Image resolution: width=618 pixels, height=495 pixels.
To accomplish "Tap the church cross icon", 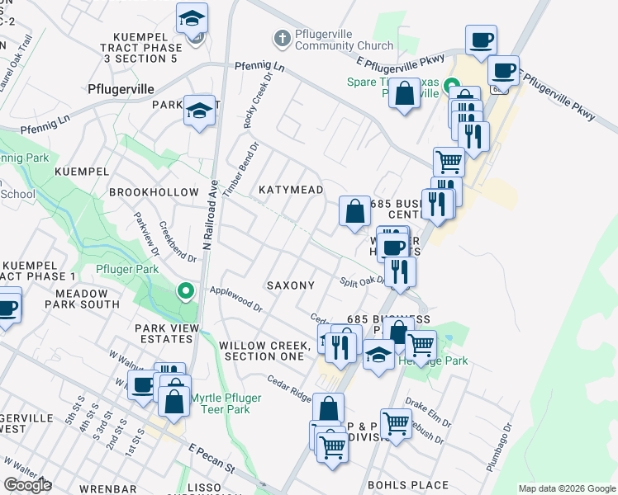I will click(282, 39).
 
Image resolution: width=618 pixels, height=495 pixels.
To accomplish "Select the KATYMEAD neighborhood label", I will click(291, 190).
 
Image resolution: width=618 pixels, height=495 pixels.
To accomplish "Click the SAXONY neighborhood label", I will click(291, 285).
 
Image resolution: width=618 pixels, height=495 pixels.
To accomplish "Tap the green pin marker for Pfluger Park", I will click(187, 290).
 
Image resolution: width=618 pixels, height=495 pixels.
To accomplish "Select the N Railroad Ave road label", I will click(209, 215).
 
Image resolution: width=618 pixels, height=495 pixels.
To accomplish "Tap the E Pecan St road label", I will click(211, 458).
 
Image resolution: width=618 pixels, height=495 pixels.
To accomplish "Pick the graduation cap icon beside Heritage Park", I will click(378, 356).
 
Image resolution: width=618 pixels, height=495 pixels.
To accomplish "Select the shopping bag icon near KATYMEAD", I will click(354, 212).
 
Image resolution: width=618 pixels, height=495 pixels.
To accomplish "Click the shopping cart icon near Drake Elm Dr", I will click(397, 424).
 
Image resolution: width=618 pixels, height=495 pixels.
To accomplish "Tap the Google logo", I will click(27, 485).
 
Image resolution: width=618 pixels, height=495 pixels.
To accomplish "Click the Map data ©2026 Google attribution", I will click(567, 488).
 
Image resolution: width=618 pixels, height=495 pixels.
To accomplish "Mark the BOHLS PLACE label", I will click(408, 485).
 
